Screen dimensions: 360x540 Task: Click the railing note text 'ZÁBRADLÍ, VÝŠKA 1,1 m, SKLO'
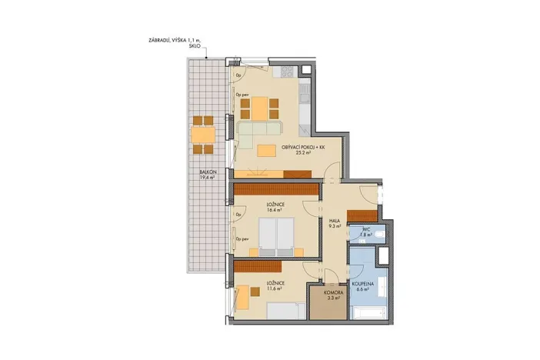[176, 43]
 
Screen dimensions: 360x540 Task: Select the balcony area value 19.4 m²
[206, 178]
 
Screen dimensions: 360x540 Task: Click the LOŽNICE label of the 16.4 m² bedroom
[276, 202]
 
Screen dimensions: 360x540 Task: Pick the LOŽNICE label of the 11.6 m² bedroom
[276, 283]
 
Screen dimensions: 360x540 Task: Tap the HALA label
[335, 220]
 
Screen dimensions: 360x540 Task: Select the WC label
[367, 229]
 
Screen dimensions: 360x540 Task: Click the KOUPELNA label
[363, 283]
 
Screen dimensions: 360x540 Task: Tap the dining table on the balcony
[203, 135]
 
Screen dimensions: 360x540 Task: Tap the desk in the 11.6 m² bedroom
[242, 297]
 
